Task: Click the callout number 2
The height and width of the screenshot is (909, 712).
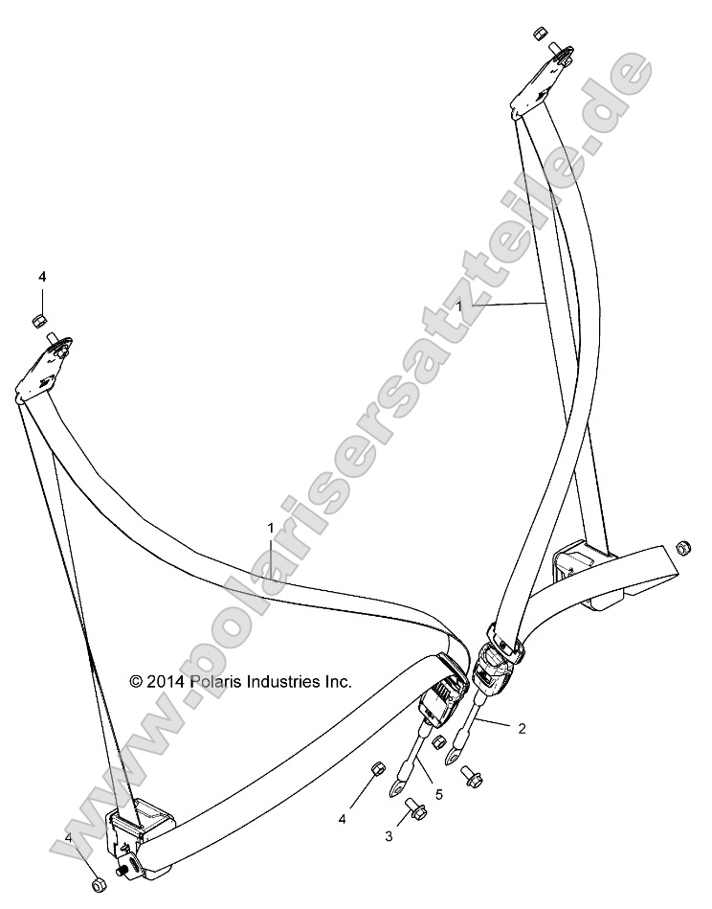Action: (x=521, y=728)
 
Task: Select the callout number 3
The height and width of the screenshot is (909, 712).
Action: (x=389, y=836)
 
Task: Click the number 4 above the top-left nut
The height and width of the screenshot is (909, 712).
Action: (x=42, y=277)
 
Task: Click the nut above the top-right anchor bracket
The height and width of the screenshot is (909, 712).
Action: (x=539, y=36)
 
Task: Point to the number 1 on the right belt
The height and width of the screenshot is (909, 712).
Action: (x=461, y=306)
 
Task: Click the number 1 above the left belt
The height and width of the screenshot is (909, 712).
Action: (x=271, y=528)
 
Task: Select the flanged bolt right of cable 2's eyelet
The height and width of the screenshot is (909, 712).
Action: (x=472, y=779)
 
